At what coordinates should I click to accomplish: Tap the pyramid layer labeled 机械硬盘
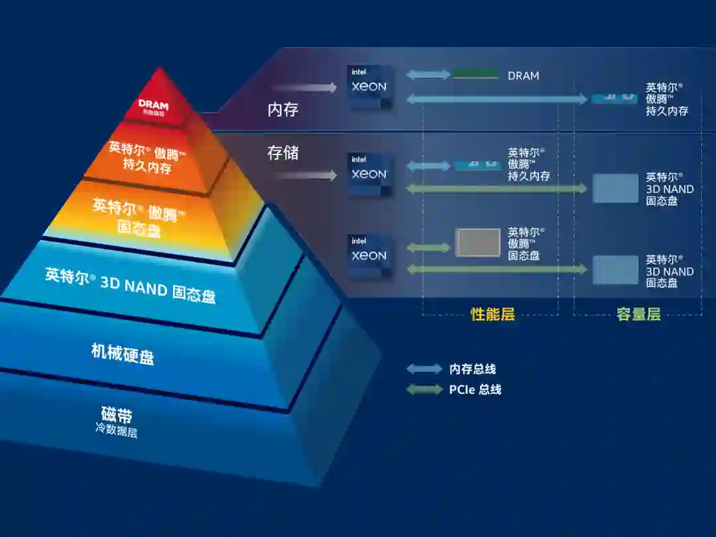123,353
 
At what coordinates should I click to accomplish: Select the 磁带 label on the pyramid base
117,416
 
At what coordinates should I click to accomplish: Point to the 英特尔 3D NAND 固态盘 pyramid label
131,285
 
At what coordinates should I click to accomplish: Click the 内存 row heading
283,109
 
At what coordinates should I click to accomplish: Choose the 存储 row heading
283,152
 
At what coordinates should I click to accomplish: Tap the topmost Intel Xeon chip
369,86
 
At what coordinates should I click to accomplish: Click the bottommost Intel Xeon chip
369,255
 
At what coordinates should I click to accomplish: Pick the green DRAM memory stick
475,74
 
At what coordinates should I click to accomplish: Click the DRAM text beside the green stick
523,76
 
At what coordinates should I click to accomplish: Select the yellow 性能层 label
493,314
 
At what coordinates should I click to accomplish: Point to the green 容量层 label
638,314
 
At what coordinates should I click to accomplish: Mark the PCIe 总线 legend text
475,389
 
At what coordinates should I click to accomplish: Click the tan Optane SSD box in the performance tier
477,243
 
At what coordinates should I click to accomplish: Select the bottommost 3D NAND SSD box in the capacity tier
615,270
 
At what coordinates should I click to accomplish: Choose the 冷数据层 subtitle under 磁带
116,431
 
